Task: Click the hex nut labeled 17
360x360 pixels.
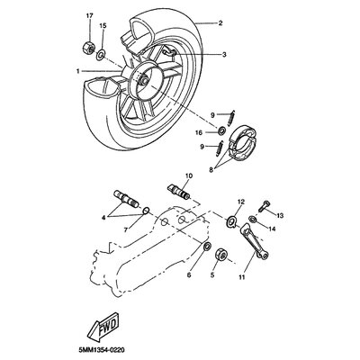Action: [x=88, y=47]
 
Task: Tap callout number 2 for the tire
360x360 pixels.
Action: [x=220, y=22]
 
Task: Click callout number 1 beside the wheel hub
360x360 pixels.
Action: [x=78, y=71]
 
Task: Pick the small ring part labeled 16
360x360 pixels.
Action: [x=222, y=130]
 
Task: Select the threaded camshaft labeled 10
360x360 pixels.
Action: [x=179, y=191]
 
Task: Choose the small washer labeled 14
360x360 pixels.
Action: [x=253, y=219]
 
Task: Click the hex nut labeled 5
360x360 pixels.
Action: [x=221, y=254]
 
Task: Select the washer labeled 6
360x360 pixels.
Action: [x=207, y=246]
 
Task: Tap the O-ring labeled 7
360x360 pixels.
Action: [x=146, y=211]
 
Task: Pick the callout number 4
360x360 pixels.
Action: [x=103, y=218]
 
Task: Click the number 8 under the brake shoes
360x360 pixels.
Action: [x=211, y=170]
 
